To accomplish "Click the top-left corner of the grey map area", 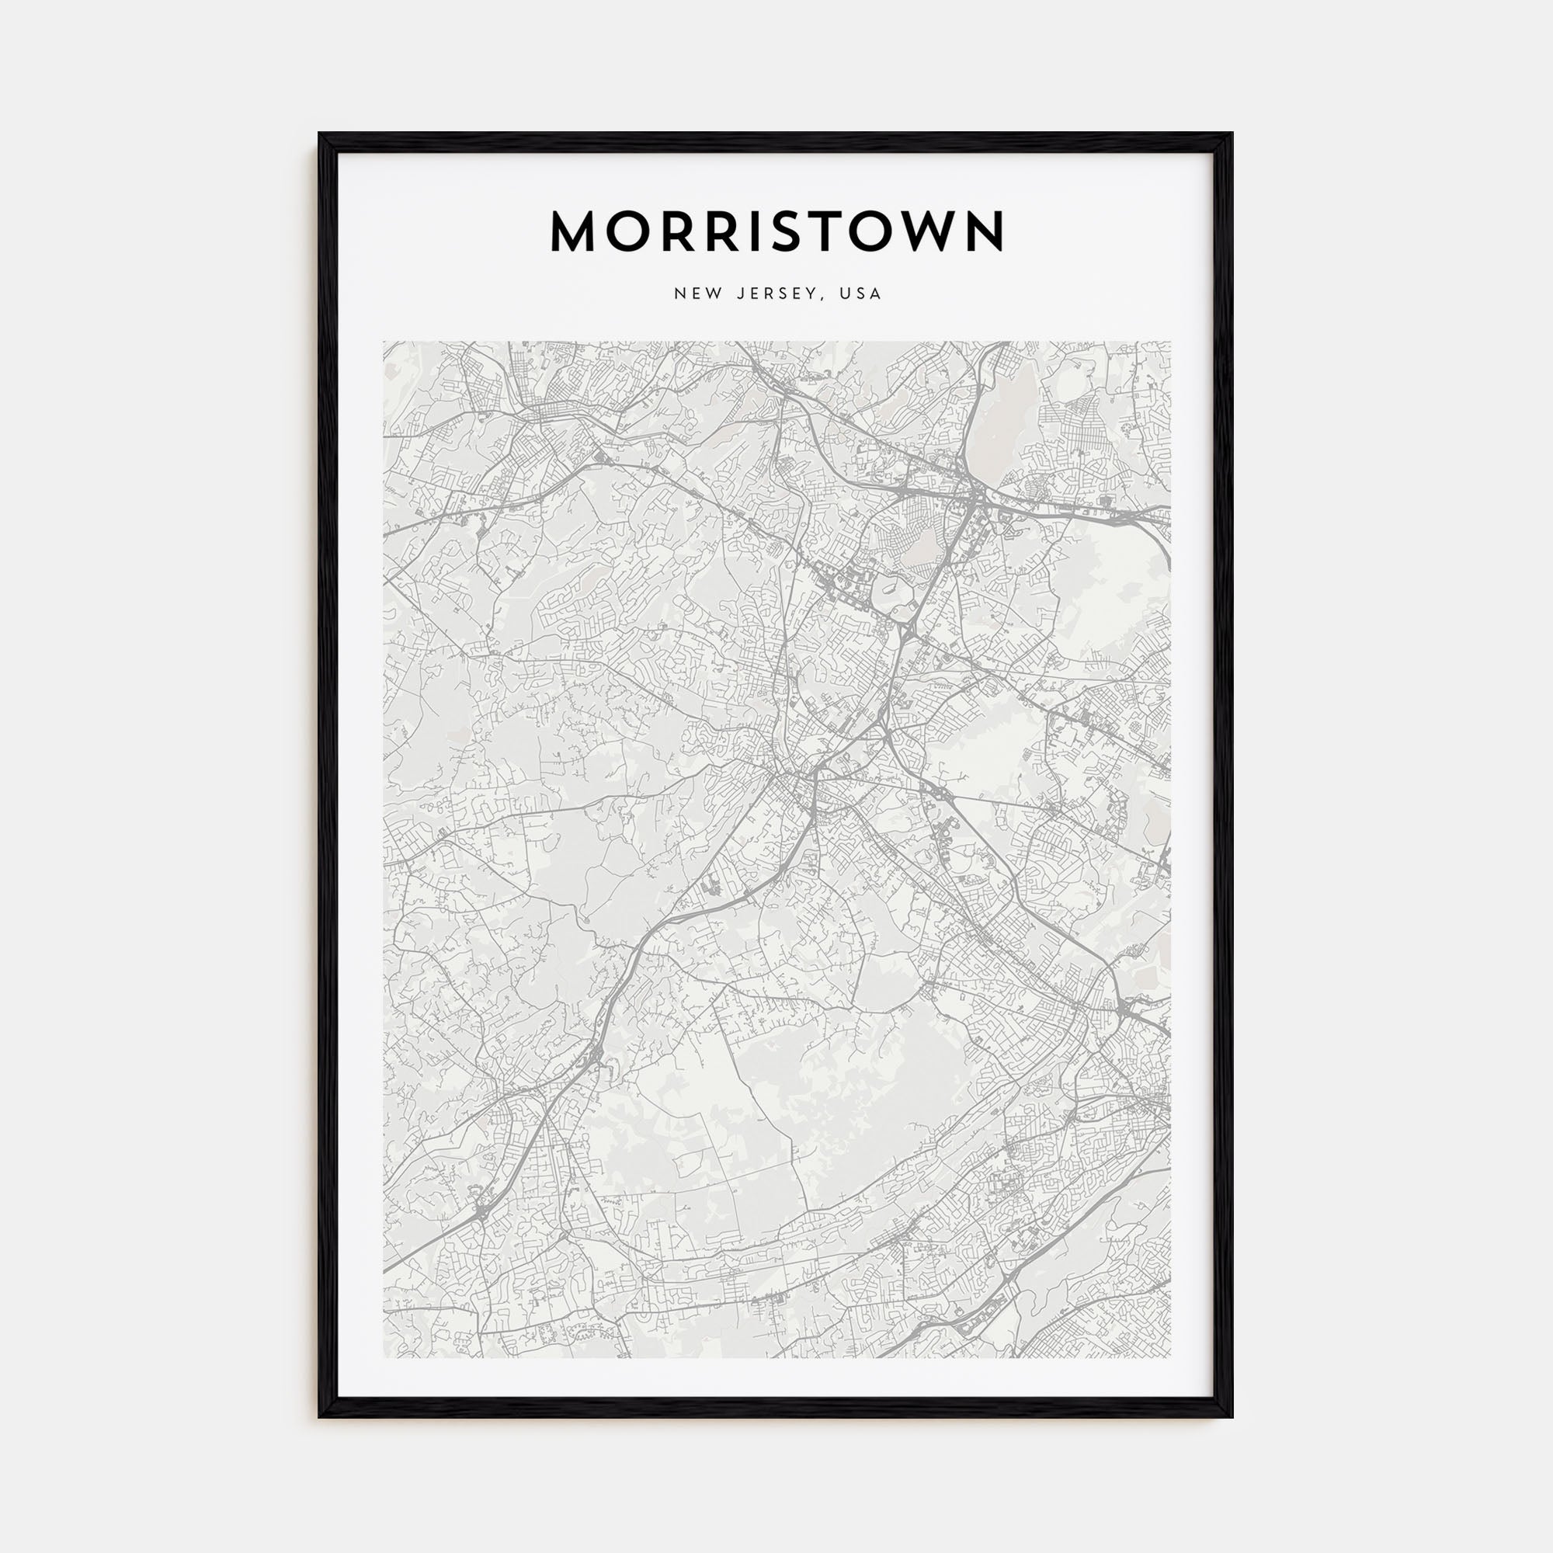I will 384,342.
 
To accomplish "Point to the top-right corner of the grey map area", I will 1169,342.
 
